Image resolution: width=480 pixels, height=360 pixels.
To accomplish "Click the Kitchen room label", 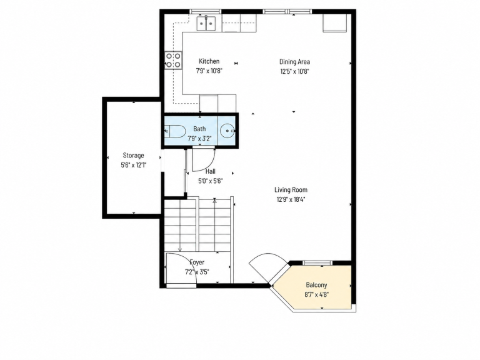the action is click(x=209, y=61).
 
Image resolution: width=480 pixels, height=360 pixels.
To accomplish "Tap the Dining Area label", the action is click(x=294, y=62).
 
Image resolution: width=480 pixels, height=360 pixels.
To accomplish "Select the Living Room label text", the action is click(x=291, y=190).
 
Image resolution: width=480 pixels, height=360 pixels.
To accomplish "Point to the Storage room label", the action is click(x=134, y=156).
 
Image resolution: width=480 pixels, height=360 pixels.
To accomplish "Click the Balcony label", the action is click(x=316, y=285).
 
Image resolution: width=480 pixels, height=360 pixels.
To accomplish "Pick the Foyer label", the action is click(x=197, y=262).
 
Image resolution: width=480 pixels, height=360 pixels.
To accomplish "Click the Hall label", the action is click(x=210, y=171).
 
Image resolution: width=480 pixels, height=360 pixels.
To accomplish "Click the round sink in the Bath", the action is click(x=227, y=131).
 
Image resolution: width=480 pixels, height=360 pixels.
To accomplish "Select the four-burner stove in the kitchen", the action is click(x=173, y=60).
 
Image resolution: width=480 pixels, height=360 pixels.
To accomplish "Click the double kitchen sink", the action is click(x=206, y=23).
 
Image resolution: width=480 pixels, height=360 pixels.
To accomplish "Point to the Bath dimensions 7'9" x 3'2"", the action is click(x=199, y=139).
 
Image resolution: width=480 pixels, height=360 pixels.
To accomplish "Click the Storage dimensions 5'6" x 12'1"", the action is click(x=134, y=165).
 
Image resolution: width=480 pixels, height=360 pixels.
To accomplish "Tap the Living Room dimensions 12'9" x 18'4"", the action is click(x=291, y=199).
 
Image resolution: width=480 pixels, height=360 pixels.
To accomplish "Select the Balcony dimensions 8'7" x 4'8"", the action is click(x=316, y=295).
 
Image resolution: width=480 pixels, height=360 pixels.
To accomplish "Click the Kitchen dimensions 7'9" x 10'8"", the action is click(x=209, y=71).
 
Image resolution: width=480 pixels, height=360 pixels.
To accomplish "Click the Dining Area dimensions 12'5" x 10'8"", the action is click(x=294, y=72).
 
